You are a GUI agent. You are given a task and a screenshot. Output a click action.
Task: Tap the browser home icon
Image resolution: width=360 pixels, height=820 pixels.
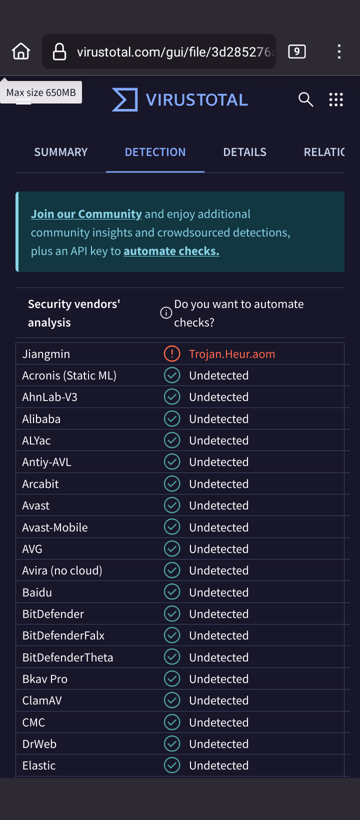click(21, 51)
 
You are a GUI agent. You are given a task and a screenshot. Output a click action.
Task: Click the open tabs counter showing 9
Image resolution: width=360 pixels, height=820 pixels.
click(297, 51)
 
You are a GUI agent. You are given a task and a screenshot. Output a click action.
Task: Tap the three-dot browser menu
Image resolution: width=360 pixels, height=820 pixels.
click(339, 51)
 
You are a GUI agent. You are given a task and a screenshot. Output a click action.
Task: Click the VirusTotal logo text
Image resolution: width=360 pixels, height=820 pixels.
click(196, 100)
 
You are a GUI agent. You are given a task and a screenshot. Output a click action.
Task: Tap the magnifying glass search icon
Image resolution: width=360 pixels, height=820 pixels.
click(305, 100)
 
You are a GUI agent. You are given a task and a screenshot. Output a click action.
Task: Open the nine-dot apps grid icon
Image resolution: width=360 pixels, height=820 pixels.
click(336, 100)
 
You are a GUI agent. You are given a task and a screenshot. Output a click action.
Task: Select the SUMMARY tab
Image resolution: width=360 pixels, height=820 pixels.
click(61, 152)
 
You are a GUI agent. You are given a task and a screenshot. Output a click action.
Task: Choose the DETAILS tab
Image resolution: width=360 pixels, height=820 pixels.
click(244, 152)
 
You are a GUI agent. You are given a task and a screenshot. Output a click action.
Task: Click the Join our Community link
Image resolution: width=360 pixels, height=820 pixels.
click(86, 214)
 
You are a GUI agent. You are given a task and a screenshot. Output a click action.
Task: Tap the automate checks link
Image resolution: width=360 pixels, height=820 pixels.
click(171, 251)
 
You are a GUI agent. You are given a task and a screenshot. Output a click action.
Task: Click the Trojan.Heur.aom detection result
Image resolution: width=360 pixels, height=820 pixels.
click(232, 354)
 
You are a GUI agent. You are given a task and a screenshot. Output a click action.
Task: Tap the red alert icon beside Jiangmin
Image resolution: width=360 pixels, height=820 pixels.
click(172, 354)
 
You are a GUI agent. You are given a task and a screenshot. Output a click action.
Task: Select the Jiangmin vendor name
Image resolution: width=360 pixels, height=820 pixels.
click(46, 354)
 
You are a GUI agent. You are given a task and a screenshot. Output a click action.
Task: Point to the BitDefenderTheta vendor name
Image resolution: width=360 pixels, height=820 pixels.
click(67, 657)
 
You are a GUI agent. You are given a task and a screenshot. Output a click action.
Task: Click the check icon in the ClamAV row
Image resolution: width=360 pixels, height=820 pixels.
click(172, 700)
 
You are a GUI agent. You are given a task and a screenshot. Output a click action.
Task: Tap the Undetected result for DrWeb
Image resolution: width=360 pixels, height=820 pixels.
click(218, 744)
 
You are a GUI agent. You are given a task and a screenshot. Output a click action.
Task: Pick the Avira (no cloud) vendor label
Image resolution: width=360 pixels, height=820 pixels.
click(62, 570)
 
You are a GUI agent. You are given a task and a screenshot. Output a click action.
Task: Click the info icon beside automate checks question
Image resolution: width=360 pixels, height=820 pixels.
click(166, 313)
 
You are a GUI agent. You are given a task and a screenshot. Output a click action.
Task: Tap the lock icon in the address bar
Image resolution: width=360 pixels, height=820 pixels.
click(59, 51)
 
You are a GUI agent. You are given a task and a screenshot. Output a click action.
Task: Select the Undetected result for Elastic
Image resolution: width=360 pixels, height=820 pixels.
click(218, 765)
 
